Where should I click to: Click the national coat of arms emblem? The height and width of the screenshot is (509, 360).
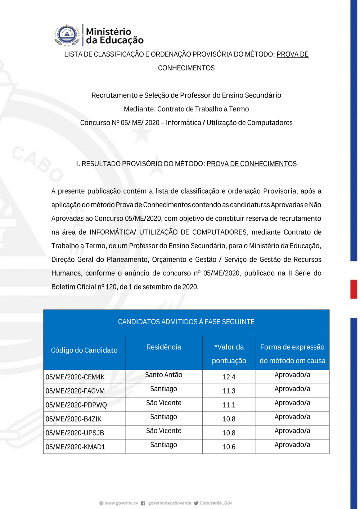coord(67,35)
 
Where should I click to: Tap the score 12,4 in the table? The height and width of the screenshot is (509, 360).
coord(229,377)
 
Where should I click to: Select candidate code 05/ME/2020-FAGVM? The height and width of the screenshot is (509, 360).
coord(75,391)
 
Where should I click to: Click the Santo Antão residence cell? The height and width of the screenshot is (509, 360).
coord(163,375)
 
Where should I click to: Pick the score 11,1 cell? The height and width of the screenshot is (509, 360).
coord(229,405)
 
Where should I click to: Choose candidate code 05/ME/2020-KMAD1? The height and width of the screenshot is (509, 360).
coord(75,447)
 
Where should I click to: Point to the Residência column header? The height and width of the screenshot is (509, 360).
coord(163,347)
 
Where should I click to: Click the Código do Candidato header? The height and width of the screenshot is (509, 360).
coord(84,350)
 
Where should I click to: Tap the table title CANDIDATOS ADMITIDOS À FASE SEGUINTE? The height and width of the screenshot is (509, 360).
coord(186,322)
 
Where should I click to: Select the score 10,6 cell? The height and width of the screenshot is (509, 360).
coord(229,447)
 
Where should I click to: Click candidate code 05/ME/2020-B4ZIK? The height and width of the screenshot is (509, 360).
coord(73,419)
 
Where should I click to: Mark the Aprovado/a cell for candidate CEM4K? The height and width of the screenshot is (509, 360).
coord(292,375)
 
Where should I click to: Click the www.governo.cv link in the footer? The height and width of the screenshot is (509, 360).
coord(121,503)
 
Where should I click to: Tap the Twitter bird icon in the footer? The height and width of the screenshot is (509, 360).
coord(196,503)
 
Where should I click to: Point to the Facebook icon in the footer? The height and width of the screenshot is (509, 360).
coord(143,503)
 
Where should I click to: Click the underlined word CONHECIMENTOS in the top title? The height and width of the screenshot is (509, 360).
coord(186,68)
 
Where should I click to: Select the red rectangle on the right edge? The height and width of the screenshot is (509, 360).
coord(354,289)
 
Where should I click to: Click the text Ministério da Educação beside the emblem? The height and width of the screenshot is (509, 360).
coord(114,36)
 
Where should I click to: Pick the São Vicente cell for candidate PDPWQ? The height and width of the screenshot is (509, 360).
coord(163,403)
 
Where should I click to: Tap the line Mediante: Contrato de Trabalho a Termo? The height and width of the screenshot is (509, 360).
coord(186,109)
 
